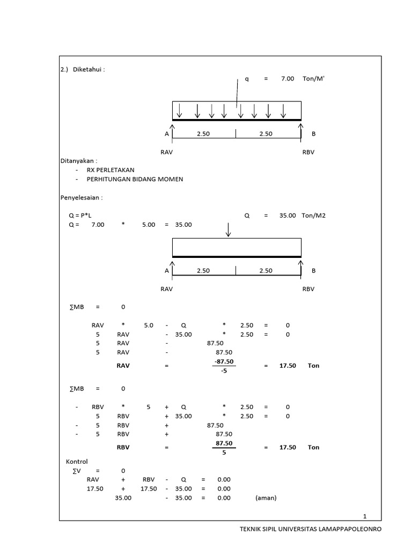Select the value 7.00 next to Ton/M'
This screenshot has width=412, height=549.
coord(287,79)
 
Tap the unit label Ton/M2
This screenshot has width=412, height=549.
coord(313,216)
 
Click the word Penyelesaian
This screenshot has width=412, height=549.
coord(80,197)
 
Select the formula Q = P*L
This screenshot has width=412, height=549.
coord(80,216)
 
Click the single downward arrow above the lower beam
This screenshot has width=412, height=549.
coord(229,229)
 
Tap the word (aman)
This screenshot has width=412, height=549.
coord(266,498)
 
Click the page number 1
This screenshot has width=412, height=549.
coord(365,516)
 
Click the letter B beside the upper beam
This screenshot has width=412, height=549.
coord(314,134)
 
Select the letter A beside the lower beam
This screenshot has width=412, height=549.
coord(167,271)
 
